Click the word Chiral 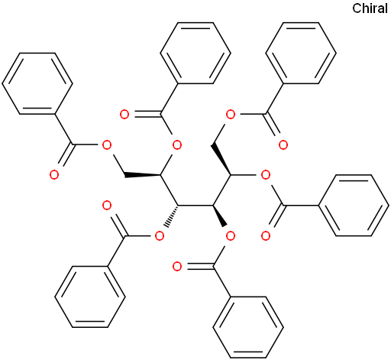(x=370, y=8)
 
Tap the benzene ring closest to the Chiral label (x=301, y=54)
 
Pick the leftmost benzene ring (x=37, y=83)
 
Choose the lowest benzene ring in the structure (x=248, y=327)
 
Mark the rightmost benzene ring (x=354, y=206)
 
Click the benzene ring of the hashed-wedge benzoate (x=90, y=297)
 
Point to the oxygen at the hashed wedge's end (x=160, y=236)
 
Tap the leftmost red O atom (x=54, y=175)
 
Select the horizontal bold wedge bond (x=143, y=175)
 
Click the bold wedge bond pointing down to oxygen (x=220, y=216)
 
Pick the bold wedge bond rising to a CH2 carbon (x=221, y=160)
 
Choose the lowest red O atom (x=177, y=267)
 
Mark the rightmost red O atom (x=283, y=144)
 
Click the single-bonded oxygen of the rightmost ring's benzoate (x=266, y=175)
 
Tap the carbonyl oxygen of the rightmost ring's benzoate (x=266, y=236)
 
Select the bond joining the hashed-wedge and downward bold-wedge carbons (x=195, y=206)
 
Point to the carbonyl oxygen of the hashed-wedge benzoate (x=107, y=206)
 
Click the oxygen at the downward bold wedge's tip (x=231, y=236)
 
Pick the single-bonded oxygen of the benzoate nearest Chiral (x=231, y=115)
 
